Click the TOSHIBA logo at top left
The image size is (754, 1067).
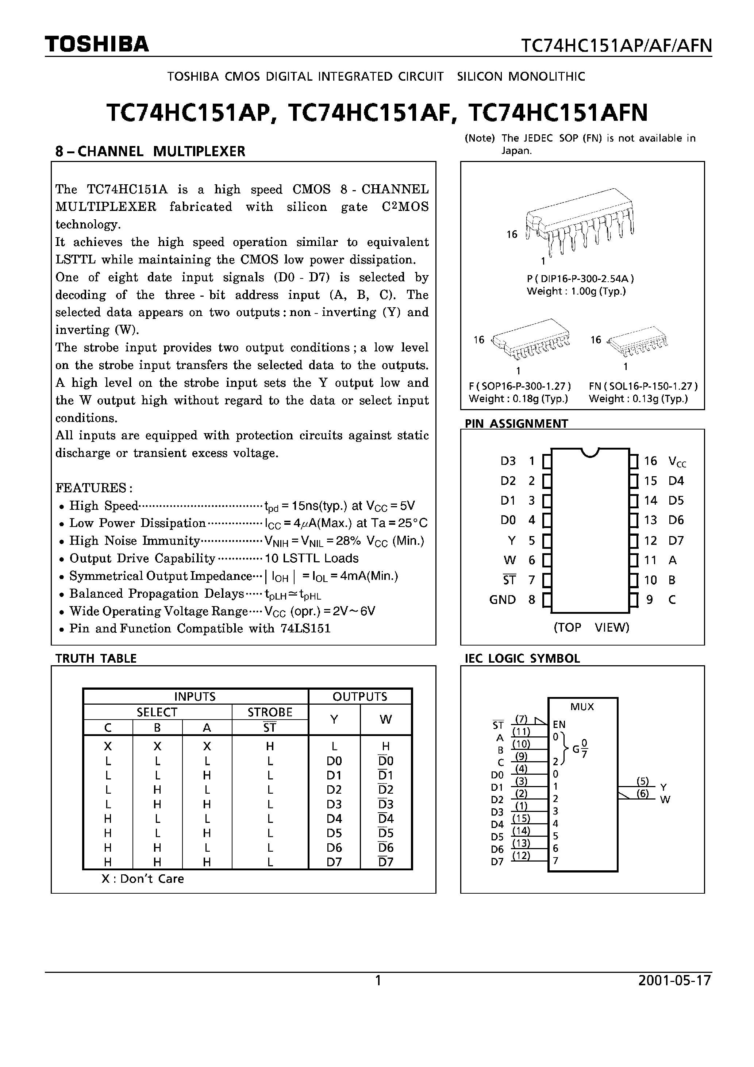point(97,44)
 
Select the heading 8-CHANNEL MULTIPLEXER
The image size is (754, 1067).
point(150,151)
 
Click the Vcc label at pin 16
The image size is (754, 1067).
point(677,462)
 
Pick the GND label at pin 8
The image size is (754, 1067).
point(502,600)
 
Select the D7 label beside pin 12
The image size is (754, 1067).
point(676,540)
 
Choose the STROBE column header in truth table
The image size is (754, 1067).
point(270,712)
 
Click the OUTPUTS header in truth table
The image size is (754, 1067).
point(360,697)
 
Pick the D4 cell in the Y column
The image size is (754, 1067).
point(334,818)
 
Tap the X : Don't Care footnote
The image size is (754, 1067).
point(143,879)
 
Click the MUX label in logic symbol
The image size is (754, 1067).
point(582,707)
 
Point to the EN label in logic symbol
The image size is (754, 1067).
point(559,724)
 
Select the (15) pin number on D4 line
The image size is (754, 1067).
point(521,818)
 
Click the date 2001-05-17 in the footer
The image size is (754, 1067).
point(674,981)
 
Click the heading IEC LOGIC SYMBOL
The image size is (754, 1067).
point(522,659)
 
